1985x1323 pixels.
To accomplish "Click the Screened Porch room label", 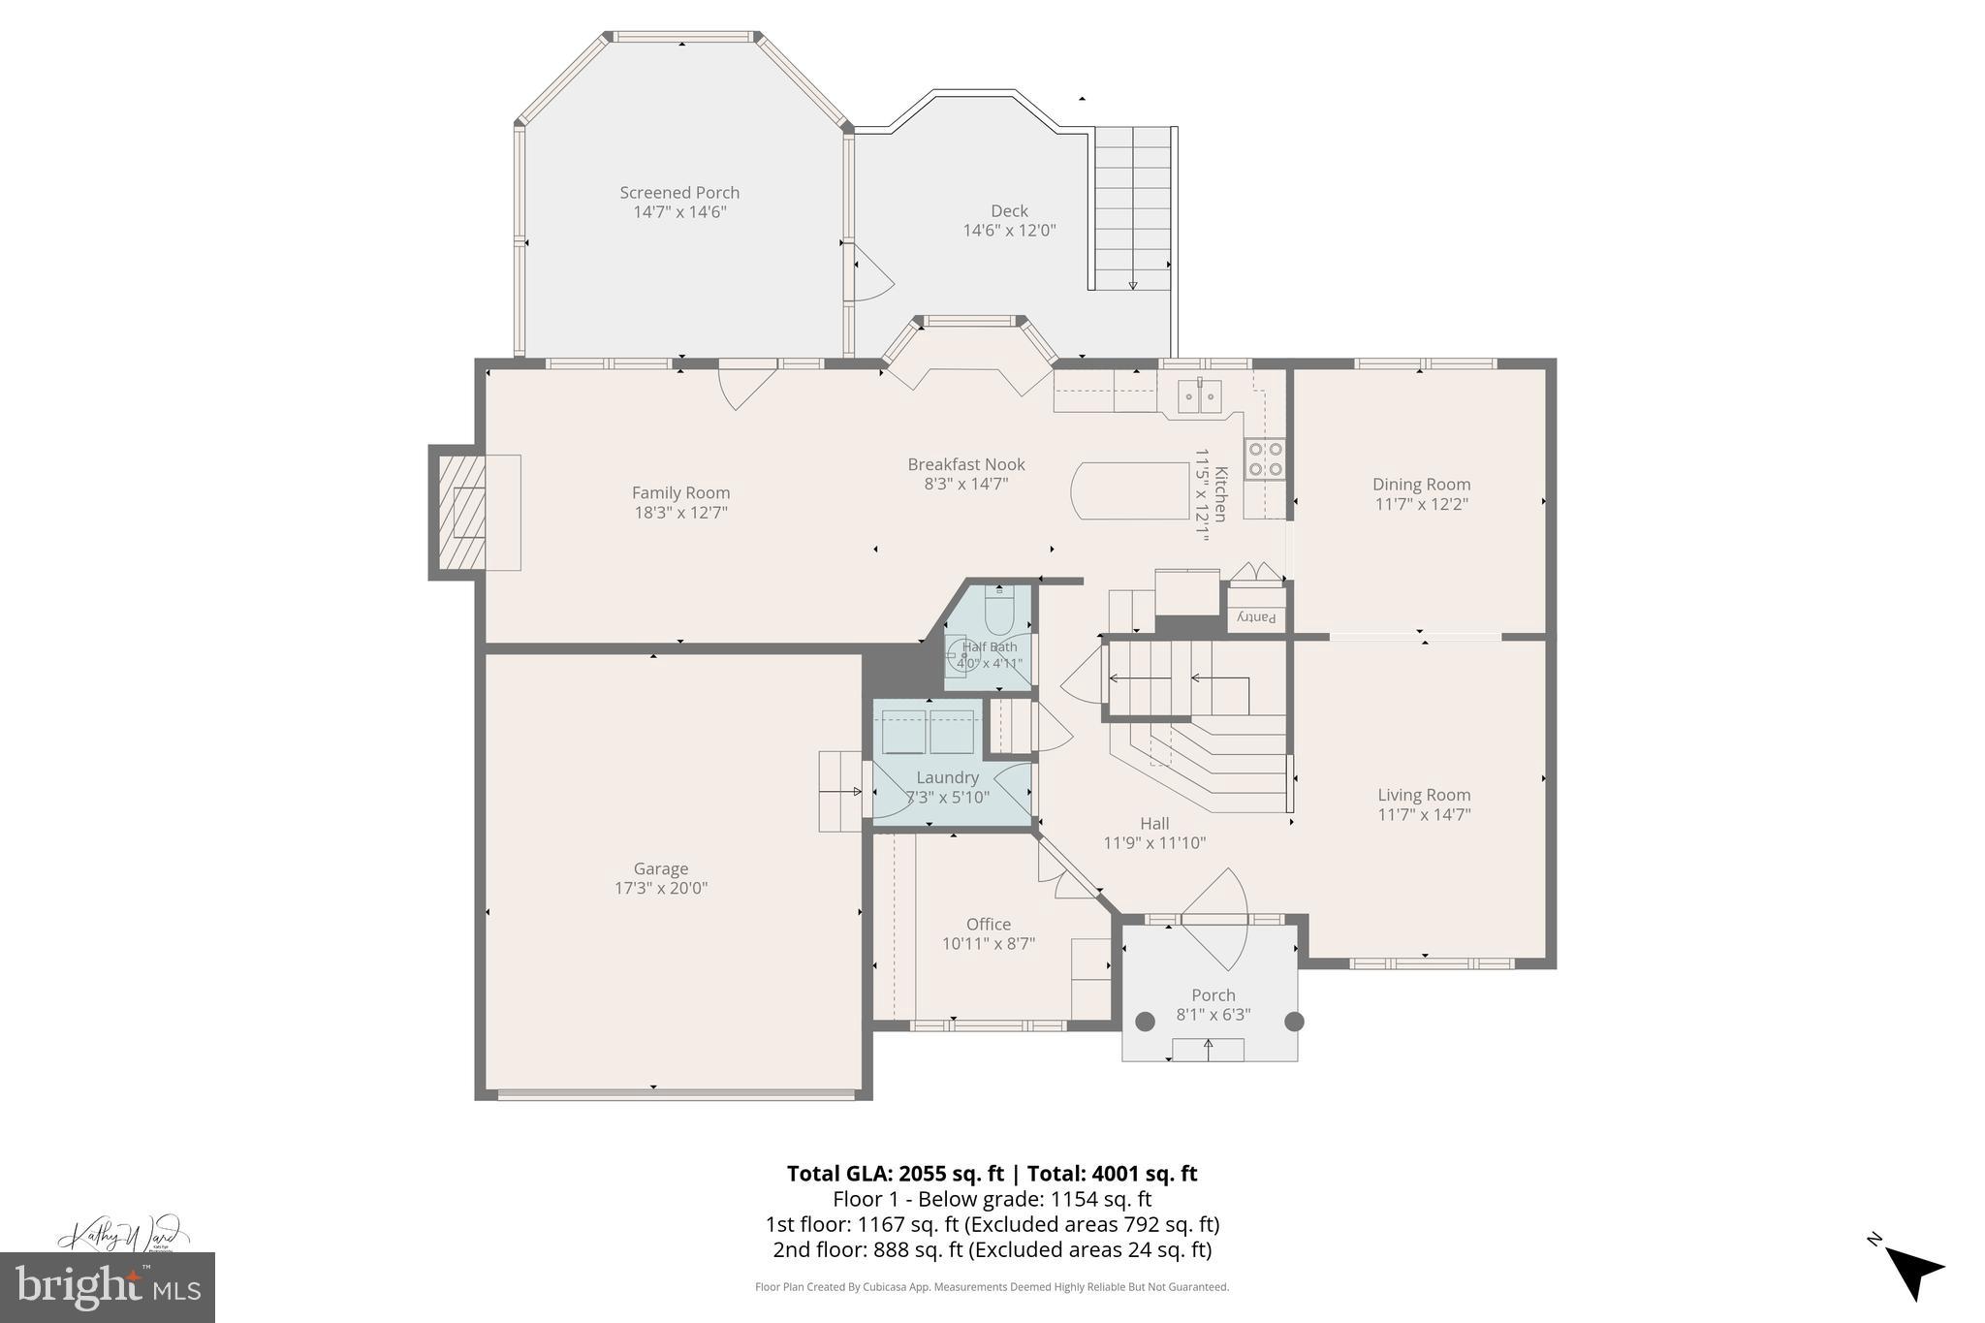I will pyautogui.click(x=679, y=193).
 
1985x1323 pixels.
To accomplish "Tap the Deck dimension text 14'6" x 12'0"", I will pyautogui.click(x=1009, y=231).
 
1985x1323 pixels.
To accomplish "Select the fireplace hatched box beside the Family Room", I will pyautogui.click(x=462, y=512).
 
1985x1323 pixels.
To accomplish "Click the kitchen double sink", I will pyautogui.click(x=1200, y=396).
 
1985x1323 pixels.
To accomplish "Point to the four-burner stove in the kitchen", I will pyautogui.click(x=1265, y=458).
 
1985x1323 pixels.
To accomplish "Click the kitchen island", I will pyautogui.click(x=1129, y=490).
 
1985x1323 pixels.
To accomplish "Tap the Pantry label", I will pyautogui.click(x=1257, y=617).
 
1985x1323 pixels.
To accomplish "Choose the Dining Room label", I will pyautogui.click(x=1421, y=484).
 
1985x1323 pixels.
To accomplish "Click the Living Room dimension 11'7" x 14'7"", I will pyautogui.click(x=1424, y=815).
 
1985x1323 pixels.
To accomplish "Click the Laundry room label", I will pyautogui.click(x=947, y=777).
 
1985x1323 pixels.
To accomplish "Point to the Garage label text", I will pyautogui.click(x=661, y=868).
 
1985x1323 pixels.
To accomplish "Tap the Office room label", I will pyautogui.click(x=988, y=924).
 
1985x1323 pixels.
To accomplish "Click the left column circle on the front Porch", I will pyautogui.click(x=1145, y=1021).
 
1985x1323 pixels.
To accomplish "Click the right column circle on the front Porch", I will pyautogui.click(x=1294, y=1021).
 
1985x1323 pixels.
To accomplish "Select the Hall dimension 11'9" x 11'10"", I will pyautogui.click(x=1154, y=843).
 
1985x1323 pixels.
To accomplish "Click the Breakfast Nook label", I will pyautogui.click(x=965, y=464).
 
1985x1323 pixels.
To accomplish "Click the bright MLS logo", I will pyautogui.click(x=108, y=1287).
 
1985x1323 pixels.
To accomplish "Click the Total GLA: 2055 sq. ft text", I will pyautogui.click(x=895, y=1174).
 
